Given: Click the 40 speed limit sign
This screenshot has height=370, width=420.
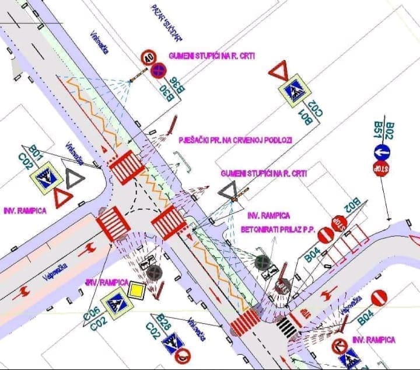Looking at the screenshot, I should point(149,57).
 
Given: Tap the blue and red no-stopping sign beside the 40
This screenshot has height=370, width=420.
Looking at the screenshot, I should point(158,71).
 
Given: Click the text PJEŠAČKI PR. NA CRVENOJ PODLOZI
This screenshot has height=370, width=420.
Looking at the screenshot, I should point(236,140).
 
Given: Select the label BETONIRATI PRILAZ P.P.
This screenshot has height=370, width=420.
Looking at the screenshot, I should point(278,230).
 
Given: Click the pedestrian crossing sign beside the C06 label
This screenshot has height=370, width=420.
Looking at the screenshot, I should point(114,303).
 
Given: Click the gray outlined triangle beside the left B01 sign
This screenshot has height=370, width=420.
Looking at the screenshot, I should point(75,178).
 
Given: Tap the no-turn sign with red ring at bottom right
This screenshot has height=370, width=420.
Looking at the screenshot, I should point(339,346).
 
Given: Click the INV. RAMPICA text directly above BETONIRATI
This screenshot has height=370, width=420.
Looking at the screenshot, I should point(268,216).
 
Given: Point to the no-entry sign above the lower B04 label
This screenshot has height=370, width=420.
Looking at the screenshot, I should point(379,298).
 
